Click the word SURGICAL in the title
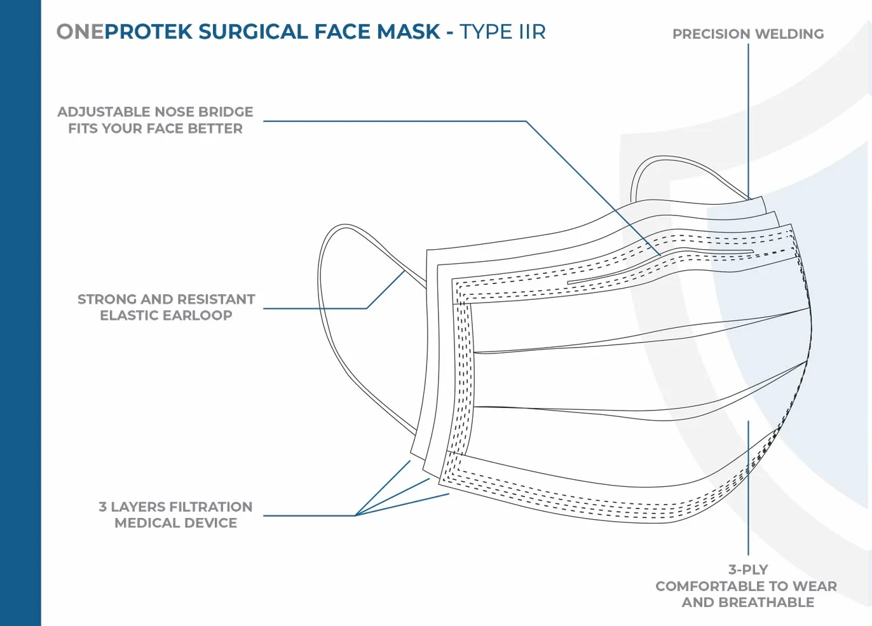click(x=253, y=32)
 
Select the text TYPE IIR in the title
click(x=503, y=32)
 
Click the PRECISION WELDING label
click(x=748, y=34)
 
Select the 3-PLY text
click(x=748, y=569)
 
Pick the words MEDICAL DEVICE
click(x=175, y=523)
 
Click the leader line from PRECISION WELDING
click(x=748, y=121)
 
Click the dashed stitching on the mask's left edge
click(x=464, y=378)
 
